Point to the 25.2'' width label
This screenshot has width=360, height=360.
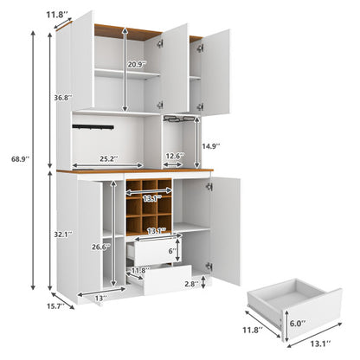pyautogui.click(x=107, y=158)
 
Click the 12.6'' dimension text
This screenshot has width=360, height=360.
pyautogui.click(x=175, y=157)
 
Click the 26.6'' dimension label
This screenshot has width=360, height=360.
pyautogui.click(x=102, y=246)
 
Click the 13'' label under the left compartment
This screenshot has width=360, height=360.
pyautogui.click(x=102, y=298)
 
